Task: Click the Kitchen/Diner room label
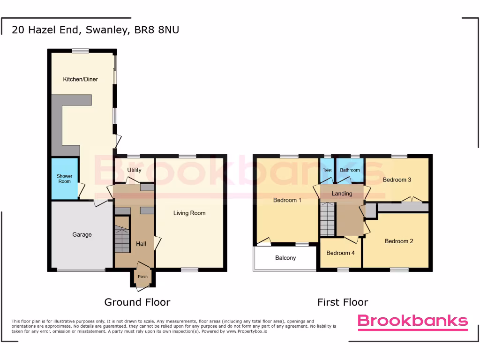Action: [x=81, y=79]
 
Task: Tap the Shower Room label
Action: [x=65, y=179]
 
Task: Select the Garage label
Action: [x=82, y=234]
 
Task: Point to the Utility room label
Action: [x=135, y=170]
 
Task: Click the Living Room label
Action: [x=189, y=213]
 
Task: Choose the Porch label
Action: [x=142, y=277]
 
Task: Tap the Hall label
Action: [x=141, y=244]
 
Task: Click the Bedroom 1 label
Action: [x=287, y=200]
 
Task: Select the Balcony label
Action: [x=285, y=258]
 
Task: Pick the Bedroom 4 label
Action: [x=341, y=253]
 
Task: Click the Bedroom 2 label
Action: [x=399, y=241]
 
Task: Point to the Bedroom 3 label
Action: [x=397, y=180]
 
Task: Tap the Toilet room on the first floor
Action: [x=327, y=170]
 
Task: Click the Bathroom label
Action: [x=350, y=170]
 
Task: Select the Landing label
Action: [x=342, y=194]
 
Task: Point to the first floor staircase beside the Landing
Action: [x=328, y=219]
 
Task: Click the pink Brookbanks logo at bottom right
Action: [x=412, y=321]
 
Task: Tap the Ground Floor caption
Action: [x=137, y=302]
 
